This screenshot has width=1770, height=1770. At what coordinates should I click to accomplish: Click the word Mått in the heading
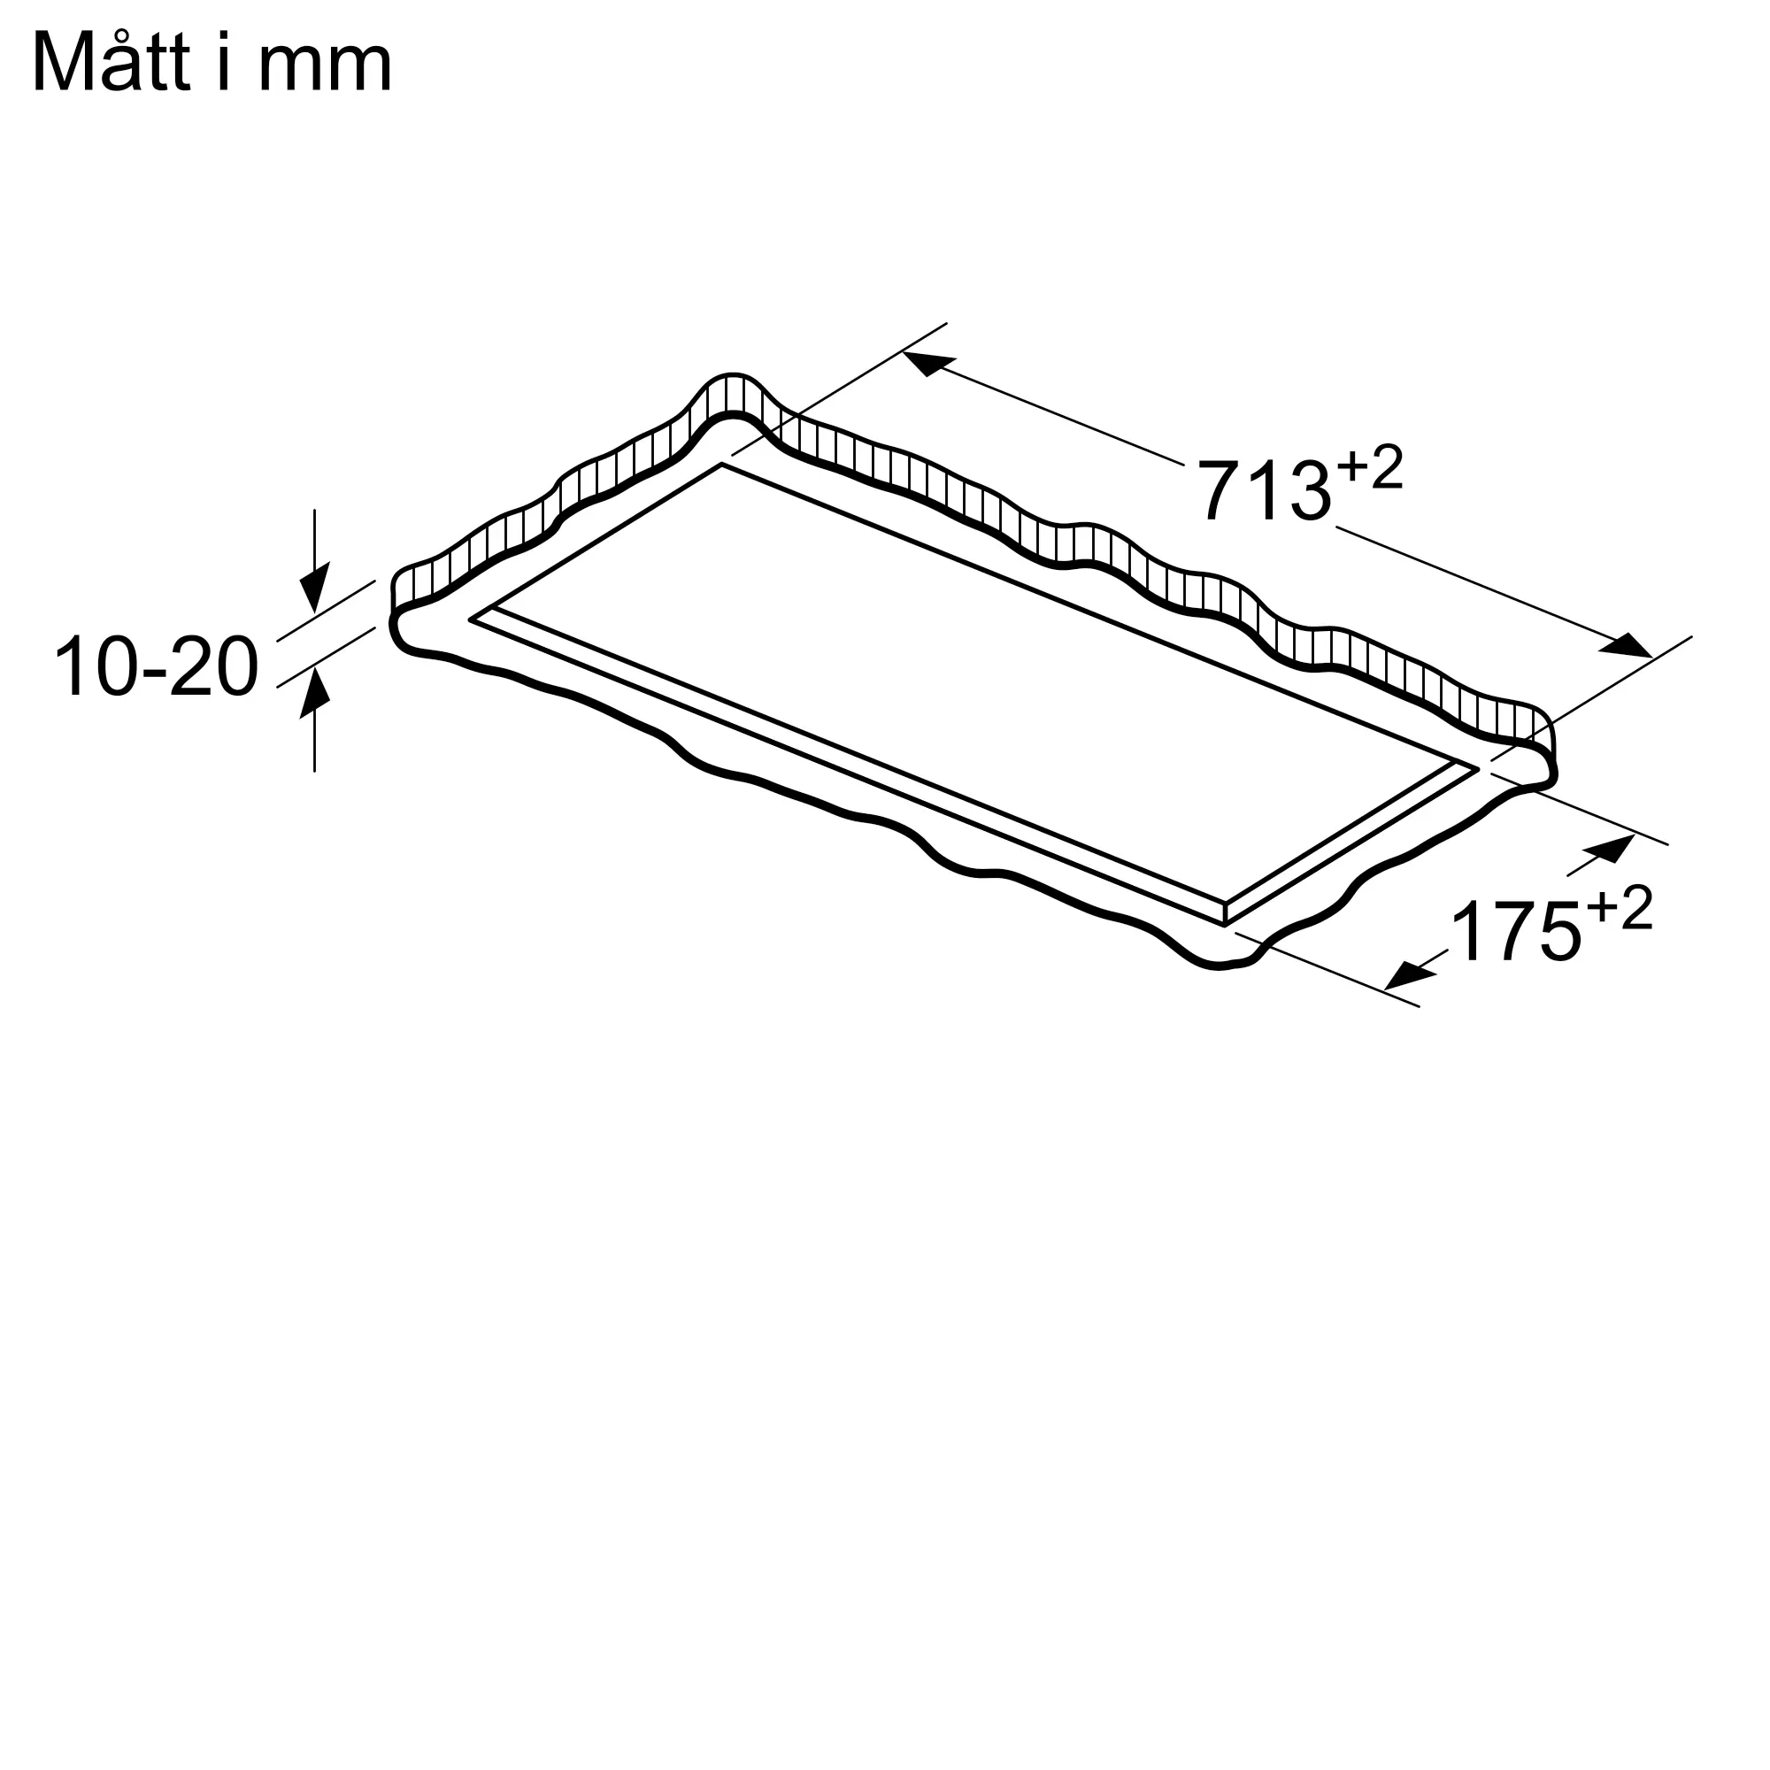[x=112, y=62]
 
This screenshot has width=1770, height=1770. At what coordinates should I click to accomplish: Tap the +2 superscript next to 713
[x=1370, y=468]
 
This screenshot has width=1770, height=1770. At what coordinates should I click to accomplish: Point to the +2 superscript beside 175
[x=1620, y=907]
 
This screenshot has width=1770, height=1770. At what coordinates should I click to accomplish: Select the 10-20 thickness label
[x=157, y=667]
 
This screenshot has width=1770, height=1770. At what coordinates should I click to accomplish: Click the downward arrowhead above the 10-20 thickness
[x=314, y=588]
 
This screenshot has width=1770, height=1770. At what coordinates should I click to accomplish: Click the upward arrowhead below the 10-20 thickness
[x=314, y=692]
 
